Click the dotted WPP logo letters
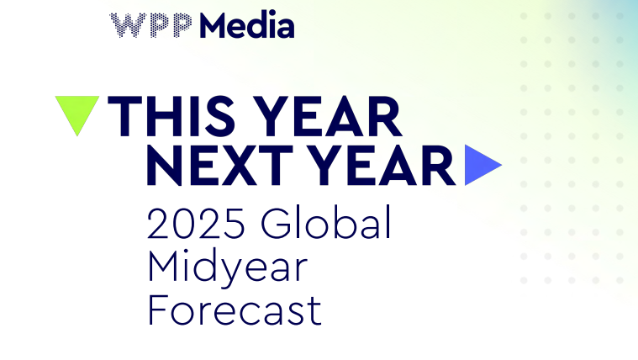click(151, 25)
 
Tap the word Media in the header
click(246, 24)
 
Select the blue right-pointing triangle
click(483, 165)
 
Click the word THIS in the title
click(171, 116)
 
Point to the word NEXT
click(219, 166)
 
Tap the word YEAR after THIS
click(330, 116)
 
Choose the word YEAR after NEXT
click(384, 166)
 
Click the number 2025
click(196, 223)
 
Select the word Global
click(326, 222)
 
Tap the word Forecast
click(235, 310)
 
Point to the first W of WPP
click(125, 25)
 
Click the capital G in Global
click(277, 223)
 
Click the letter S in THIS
click(220, 116)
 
